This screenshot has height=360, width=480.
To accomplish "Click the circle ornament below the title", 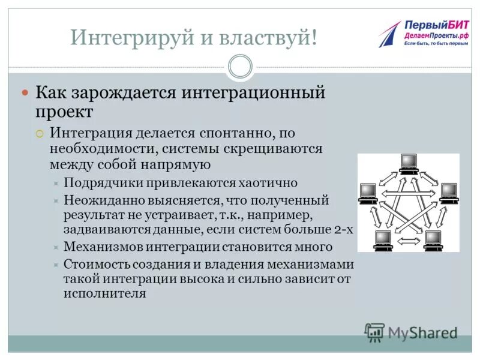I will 240,67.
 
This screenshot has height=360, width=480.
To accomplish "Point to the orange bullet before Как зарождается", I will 25,93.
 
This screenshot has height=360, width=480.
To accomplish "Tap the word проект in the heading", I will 64,112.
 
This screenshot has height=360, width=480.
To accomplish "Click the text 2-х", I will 344,229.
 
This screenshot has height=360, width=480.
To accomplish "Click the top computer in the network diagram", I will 409,163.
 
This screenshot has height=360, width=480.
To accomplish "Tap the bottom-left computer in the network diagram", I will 382,239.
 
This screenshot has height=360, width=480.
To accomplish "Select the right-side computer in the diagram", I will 448,194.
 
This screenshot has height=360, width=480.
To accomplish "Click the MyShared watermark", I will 412,332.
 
